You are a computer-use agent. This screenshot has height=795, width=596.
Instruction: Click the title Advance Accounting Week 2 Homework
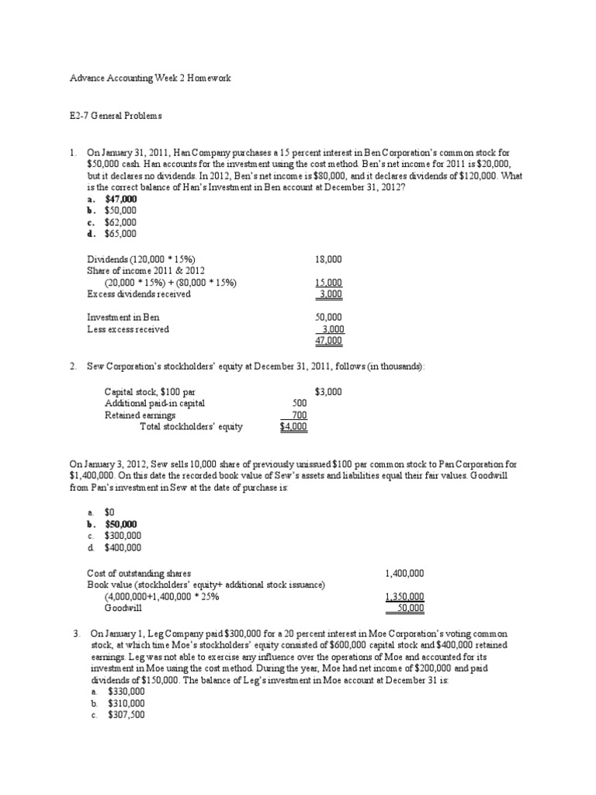[151, 79]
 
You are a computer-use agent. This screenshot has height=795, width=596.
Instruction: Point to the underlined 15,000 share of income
[328, 283]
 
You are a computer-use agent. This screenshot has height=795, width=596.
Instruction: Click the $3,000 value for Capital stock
[328, 392]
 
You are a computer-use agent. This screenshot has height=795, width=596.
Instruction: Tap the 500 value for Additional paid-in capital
[300, 404]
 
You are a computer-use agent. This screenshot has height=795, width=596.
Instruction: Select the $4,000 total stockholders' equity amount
[294, 426]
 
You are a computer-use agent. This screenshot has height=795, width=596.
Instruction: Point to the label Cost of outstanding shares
[139, 573]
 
